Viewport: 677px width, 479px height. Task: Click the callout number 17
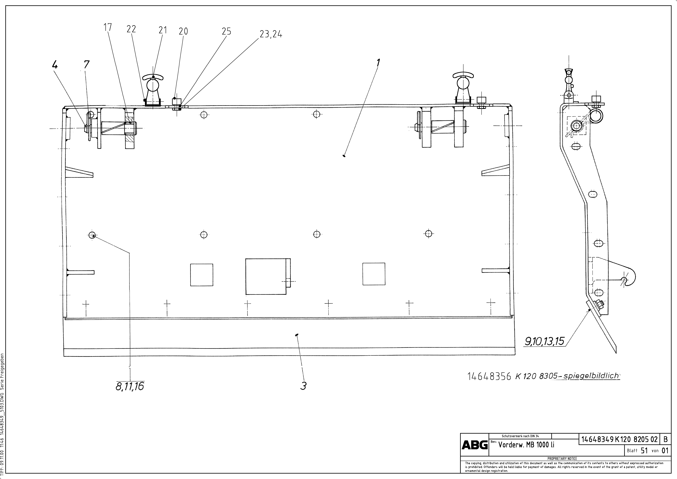coord(108,27)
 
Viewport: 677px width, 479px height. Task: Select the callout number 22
coord(131,29)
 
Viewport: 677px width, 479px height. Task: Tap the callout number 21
coord(162,30)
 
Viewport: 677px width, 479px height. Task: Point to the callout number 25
coord(226,31)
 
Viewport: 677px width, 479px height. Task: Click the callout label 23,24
coord(271,35)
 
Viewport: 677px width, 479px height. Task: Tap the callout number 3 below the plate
coord(303,386)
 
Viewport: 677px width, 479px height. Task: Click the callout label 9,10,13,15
coord(544,341)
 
